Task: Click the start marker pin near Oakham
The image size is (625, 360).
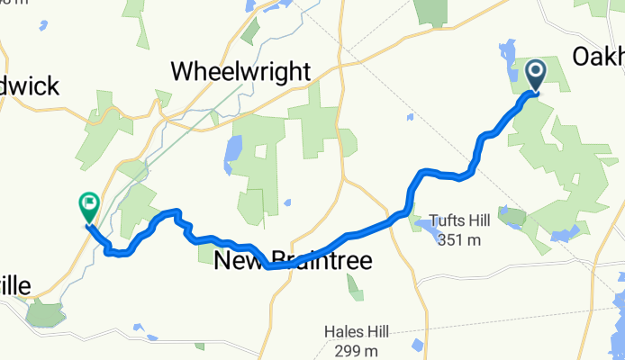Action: click(535, 74)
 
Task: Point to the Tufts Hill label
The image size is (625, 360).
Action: click(462, 220)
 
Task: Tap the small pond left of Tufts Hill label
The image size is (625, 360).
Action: click(420, 221)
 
